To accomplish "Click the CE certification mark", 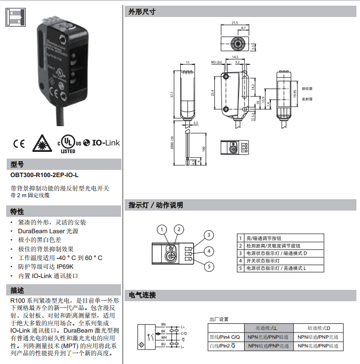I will pos(19,143).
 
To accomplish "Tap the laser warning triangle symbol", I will pos(41,143).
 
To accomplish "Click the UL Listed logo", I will pos(68,144).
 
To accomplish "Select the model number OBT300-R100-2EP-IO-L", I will pos(44,175).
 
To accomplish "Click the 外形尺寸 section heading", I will pos(142,12).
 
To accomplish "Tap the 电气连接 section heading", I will pos(142,295).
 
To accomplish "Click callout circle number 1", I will pos(162,230).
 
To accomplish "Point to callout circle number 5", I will pos(208,266).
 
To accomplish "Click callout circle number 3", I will pos(208,235).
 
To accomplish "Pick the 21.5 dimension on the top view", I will pos(235,23).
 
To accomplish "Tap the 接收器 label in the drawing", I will pos(307,89).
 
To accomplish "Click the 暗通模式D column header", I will pos(318,328).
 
